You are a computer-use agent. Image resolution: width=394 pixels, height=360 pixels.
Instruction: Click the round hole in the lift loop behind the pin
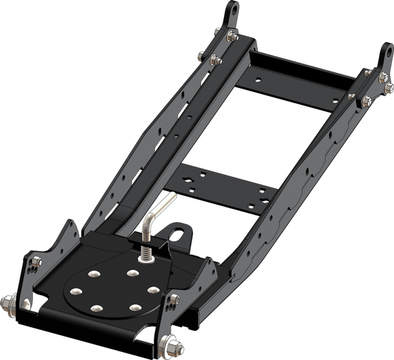click(x=175, y=233)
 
